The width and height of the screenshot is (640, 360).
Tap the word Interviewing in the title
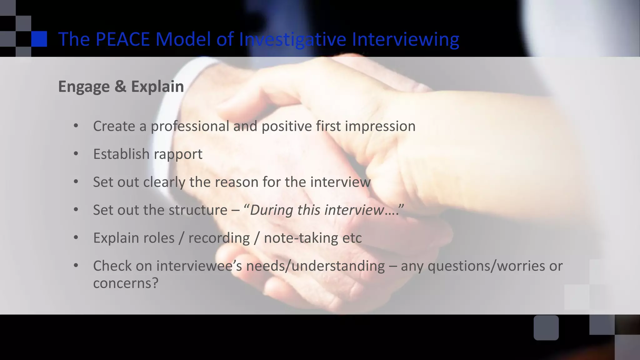coord(405,39)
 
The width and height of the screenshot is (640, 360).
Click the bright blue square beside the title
coord(39,39)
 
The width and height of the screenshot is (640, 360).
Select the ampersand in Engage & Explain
coord(120,87)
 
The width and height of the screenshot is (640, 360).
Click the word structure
coord(185,210)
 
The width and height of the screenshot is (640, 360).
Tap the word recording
coord(219,238)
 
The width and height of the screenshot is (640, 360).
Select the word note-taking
coord(301,238)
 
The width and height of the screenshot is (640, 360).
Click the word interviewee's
coord(199,266)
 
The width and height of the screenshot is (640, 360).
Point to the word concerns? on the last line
coord(126,283)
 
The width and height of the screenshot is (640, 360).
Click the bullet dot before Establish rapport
coord(76,154)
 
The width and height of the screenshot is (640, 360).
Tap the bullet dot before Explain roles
coord(76,237)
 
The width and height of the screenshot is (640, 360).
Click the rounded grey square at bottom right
coord(546,327)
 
